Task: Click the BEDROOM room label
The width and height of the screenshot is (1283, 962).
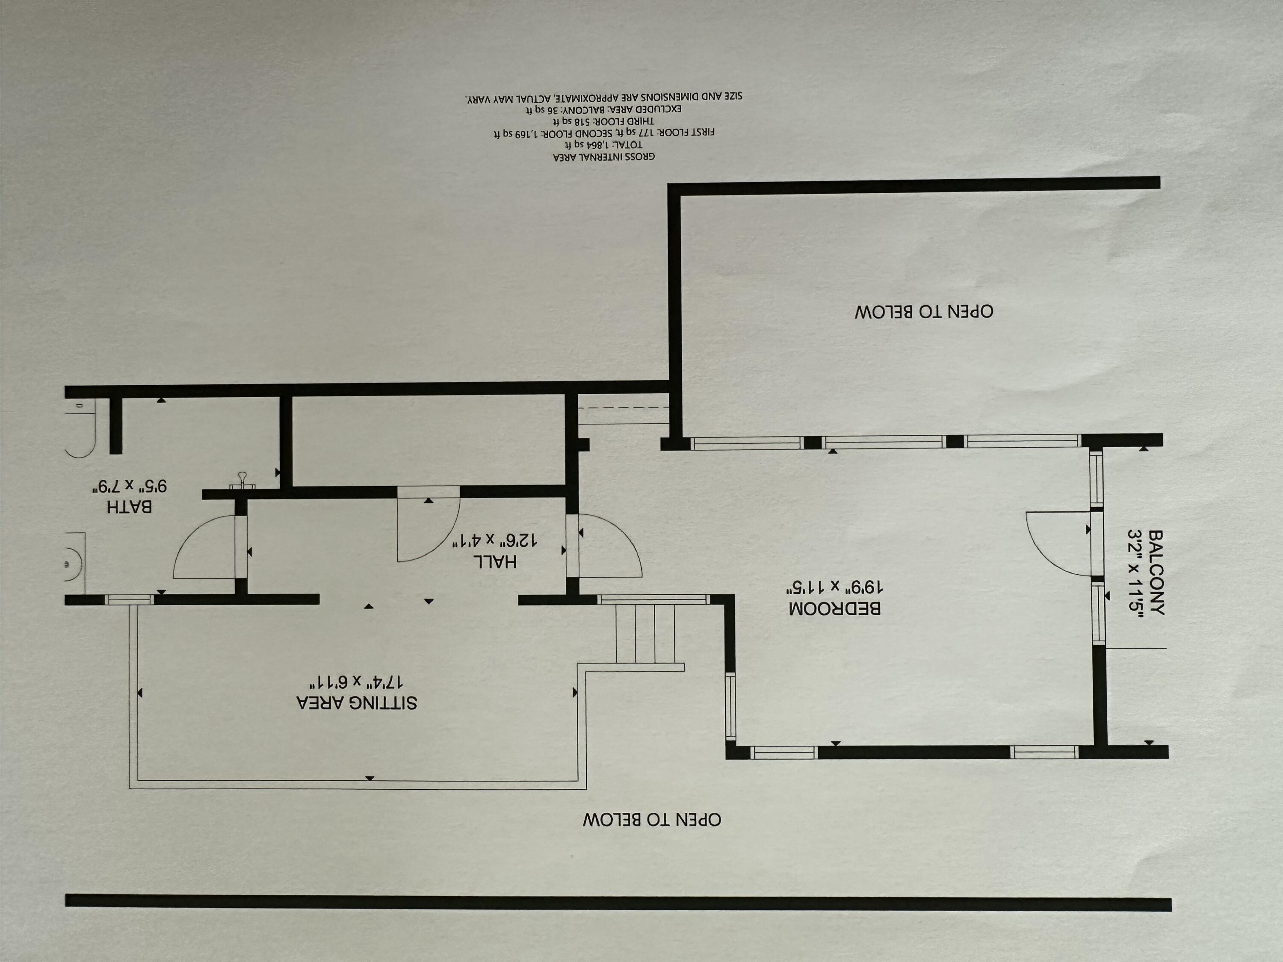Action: [835, 608]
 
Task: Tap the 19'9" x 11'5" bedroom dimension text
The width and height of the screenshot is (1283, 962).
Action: [835, 587]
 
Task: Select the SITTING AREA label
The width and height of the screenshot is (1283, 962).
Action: [357, 702]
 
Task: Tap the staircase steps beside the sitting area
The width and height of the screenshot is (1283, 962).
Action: [645, 633]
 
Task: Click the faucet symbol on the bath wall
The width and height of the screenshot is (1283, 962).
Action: [242, 481]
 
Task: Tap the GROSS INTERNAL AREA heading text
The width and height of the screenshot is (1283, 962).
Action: [604, 156]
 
